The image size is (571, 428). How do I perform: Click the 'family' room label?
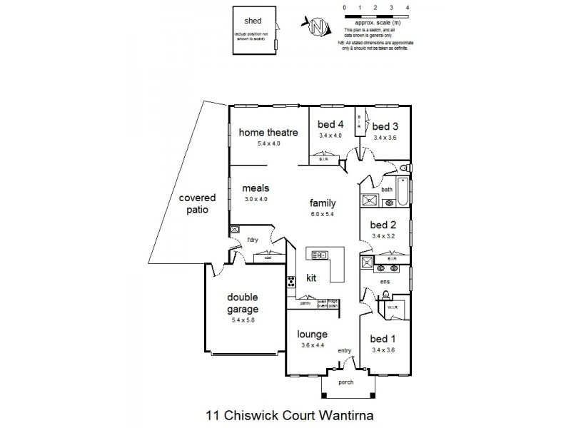pos(322,203)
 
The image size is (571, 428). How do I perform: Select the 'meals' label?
pos(255,188)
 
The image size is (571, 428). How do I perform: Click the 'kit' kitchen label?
pos(311,277)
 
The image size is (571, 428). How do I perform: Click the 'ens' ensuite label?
pos(383,281)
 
